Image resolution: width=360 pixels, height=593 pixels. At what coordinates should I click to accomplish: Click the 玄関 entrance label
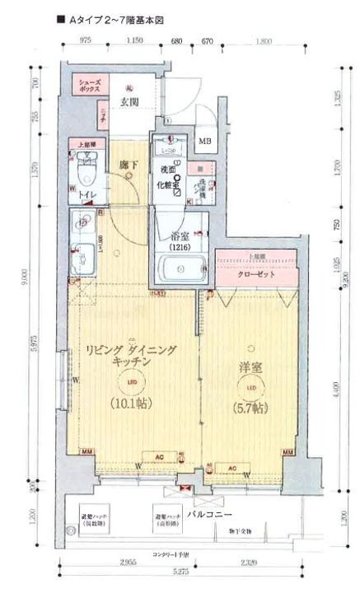[128, 103]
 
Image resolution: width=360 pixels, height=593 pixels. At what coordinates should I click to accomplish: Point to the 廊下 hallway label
[128, 165]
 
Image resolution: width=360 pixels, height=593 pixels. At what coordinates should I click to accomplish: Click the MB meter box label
[204, 139]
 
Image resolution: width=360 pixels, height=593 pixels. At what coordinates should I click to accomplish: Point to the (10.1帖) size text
[132, 404]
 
